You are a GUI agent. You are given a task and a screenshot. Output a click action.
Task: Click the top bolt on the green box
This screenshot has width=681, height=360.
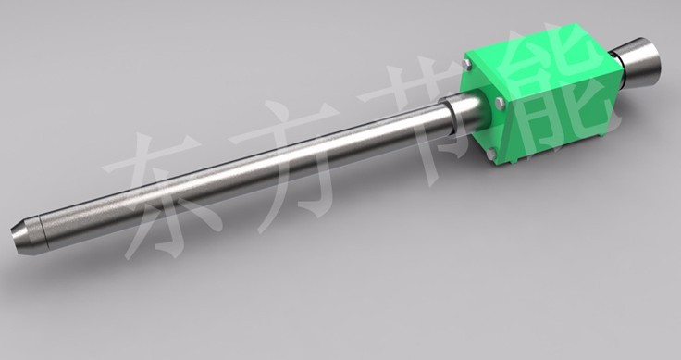click(x=467, y=65)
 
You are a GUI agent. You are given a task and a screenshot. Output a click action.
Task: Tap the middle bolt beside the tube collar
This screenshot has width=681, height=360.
click(x=500, y=103)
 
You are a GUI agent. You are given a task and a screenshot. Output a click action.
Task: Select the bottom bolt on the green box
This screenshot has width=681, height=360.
click(x=490, y=154)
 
